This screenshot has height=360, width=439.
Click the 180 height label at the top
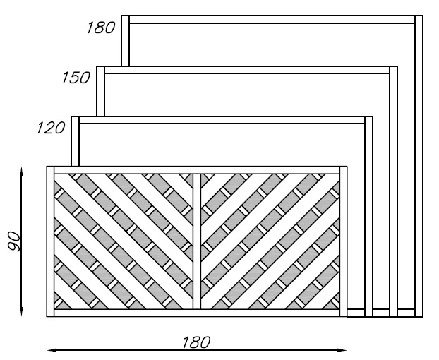pyautogui.click(x=100, y=29)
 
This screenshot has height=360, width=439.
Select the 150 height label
pyautogui.click(x=76, y=78)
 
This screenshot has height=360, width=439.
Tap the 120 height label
pyautogui.click(x=51, y=128)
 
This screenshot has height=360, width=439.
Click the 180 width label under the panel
pyautogui.click(x=196, y=342)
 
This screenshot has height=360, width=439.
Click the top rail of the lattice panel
pyautogui.click(x=197, y=170)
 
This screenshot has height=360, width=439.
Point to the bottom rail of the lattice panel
pyautogui.click(x=197, y=313)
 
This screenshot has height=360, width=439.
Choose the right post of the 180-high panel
pyautogui.click(x=419, y=162)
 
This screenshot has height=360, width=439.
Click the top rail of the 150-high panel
pyautogui.click(x=247, y=69)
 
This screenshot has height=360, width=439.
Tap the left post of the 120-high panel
pyautogui.click(x=76, y=141)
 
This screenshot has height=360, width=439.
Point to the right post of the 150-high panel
pyautogui.click(x=394, y=191)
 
